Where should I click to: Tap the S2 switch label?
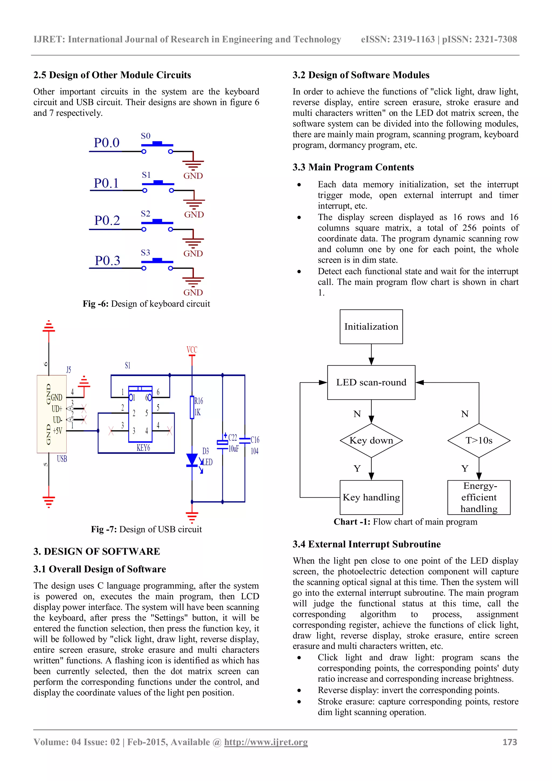(146, 214)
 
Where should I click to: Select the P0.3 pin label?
(108, 261)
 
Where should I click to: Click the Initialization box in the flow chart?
(371, 327)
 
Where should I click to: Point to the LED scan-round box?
(371, 382)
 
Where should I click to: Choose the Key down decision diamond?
(371, 440)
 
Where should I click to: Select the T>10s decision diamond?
(479, 440)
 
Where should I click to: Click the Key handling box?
(371, 497)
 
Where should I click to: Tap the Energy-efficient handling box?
(479, 497)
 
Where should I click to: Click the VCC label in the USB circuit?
(192, 350)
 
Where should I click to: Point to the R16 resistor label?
(198, 401)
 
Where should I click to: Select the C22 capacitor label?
(233, 437)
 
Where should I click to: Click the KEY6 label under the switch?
(143, 448)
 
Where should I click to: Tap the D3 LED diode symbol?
(192, 460)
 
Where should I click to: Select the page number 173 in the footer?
(509, 742)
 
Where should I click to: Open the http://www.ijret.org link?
(266, 742)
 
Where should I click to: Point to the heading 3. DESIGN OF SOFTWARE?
(96, 552)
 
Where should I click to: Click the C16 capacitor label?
(255, 440)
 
